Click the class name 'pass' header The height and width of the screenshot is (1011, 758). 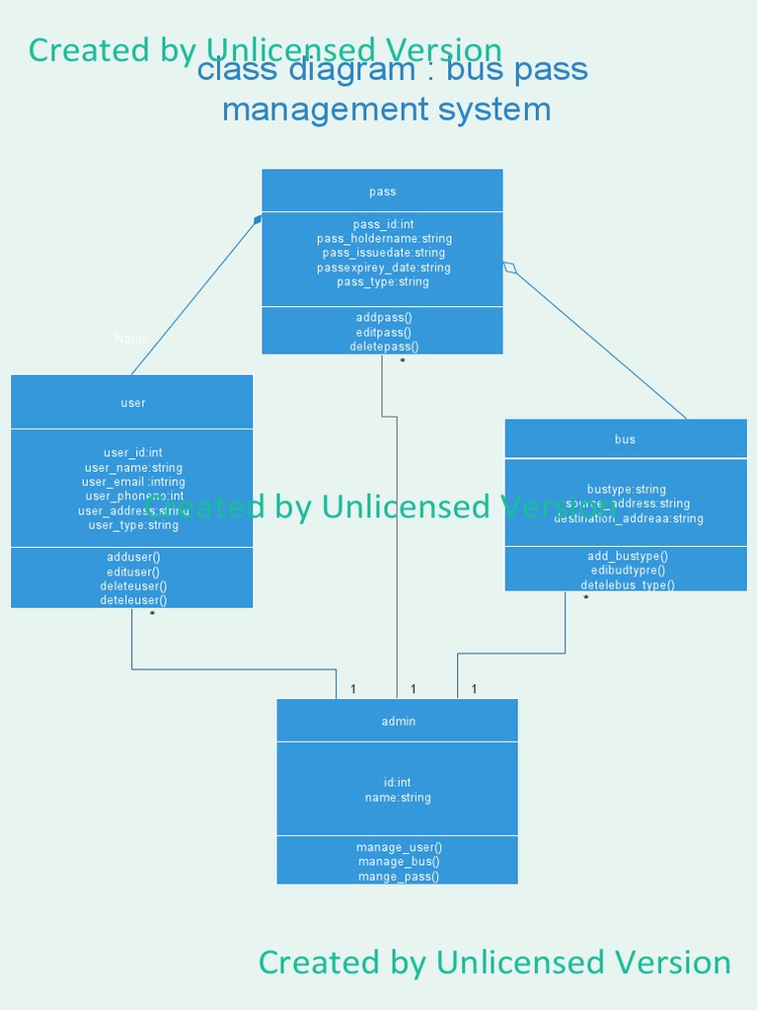[x=382, y=192]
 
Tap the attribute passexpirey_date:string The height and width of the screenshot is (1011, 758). [x=383, y=268]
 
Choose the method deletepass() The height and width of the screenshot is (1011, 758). [x=383, y=347]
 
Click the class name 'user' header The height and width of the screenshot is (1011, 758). [x=132, y=403]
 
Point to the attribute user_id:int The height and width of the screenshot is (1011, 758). [x=132, y=453]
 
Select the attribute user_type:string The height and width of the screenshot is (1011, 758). [x=132, y=525]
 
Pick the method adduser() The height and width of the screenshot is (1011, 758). [x=132, y=558]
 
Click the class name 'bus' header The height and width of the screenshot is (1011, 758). [x=625, y=439]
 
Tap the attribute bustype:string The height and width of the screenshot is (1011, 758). [x=626, y=490]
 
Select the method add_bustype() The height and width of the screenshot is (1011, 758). [x=627, y=556]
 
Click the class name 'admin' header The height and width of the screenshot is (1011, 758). [x=398, y=722]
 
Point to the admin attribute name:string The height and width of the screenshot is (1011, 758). [x=398, y=798]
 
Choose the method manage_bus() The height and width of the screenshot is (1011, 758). [x=398, y=862]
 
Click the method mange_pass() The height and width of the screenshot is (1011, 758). [x=398, y=877]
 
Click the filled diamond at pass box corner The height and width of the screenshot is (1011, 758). [x=258, y=220]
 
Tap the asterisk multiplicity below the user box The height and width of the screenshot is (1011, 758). [x=152, y=615]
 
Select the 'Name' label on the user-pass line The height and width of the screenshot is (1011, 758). [x=131, y=339]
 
